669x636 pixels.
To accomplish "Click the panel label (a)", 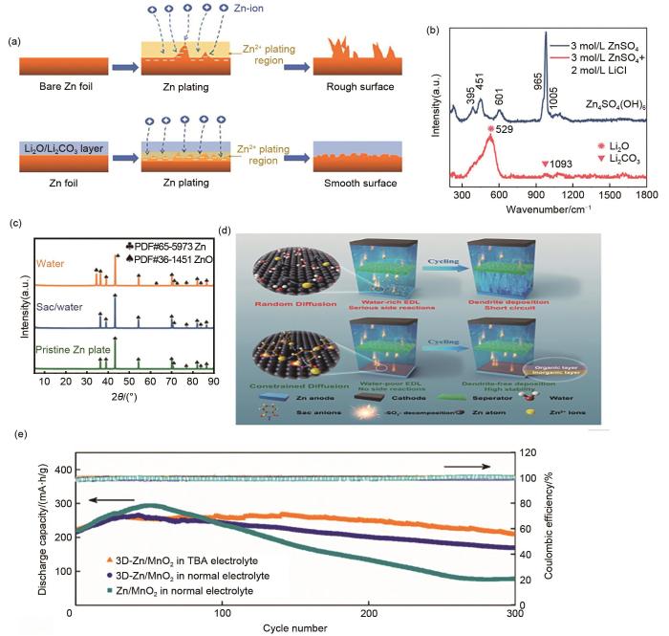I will coord(13,41).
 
